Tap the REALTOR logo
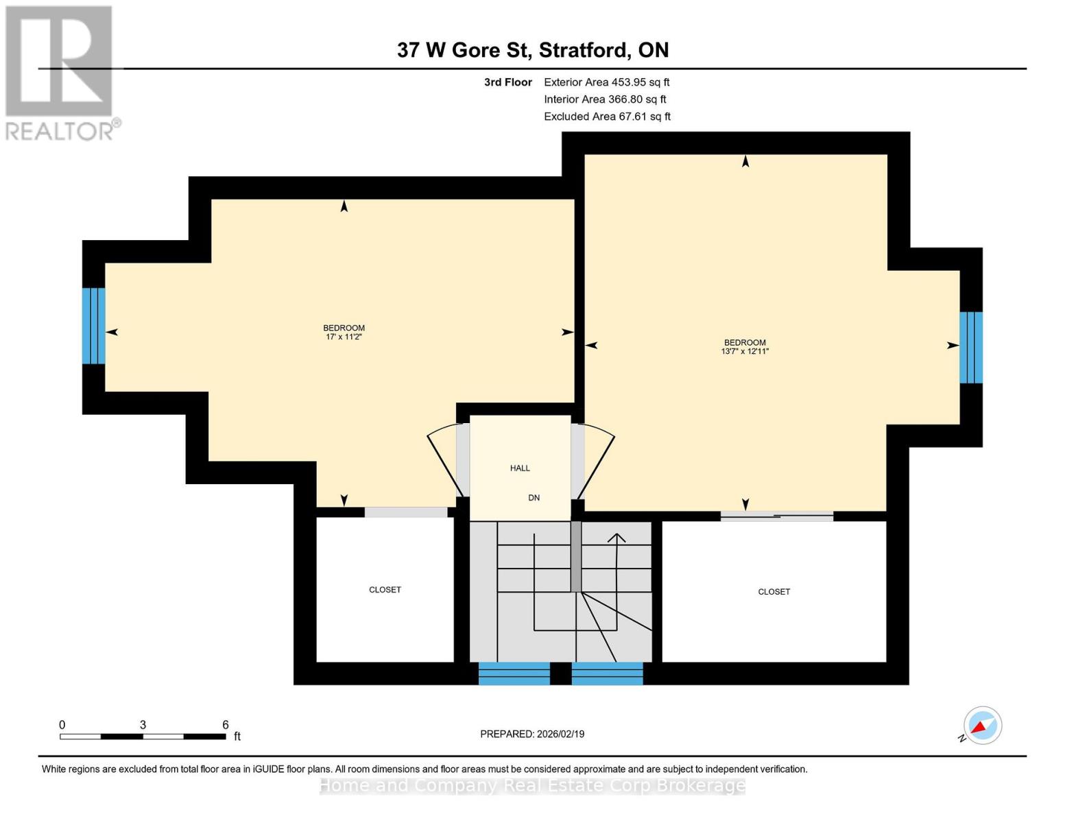[60, 73]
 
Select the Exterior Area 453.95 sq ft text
[606, 82]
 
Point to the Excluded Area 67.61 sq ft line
[607, 117]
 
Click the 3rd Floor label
[507, 82]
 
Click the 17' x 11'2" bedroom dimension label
[344, 337]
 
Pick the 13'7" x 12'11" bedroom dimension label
[745, 351]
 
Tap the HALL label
[520, 468]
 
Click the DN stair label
[534, 498]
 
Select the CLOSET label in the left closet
[385, 590]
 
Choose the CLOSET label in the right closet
[774, 592]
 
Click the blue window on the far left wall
[94, 326]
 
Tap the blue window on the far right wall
[970, 347]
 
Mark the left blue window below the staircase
[514, 673]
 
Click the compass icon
[982, 726]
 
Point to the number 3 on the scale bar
[143, 725]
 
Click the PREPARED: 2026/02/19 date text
[532, 734]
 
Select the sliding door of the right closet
[776, 516]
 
